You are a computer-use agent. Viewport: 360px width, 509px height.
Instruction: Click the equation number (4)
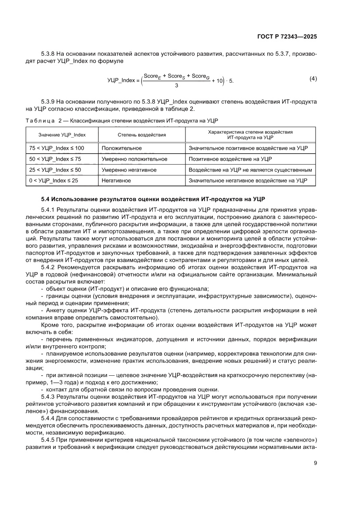313,79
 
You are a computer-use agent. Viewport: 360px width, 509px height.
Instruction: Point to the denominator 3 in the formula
175,85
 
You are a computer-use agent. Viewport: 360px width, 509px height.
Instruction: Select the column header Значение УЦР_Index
62,135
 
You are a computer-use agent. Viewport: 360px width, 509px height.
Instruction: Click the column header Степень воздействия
141,135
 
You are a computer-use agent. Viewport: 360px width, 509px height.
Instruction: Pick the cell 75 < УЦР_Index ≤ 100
57,148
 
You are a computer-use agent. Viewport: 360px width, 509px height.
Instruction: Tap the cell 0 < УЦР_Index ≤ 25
54,180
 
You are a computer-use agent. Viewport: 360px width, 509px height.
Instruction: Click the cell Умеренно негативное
129,169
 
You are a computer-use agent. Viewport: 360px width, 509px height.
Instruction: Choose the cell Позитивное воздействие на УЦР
230,159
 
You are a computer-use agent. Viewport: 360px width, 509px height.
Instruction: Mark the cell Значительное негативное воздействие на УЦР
248,180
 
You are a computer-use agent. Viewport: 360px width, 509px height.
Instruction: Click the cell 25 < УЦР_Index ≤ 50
55,169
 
